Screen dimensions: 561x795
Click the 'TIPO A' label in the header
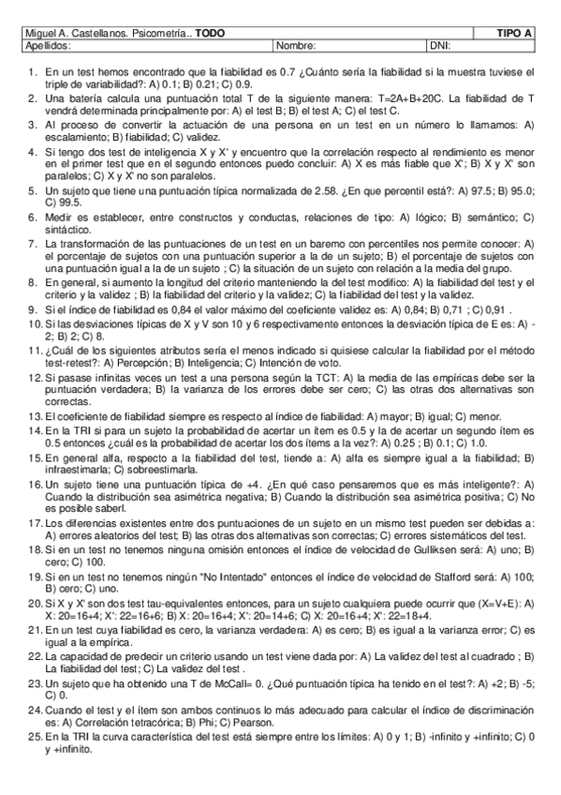[x=514, y=33]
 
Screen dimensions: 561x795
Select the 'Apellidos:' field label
[x=45, y=44]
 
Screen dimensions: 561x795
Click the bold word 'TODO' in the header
[x=210, y=33]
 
